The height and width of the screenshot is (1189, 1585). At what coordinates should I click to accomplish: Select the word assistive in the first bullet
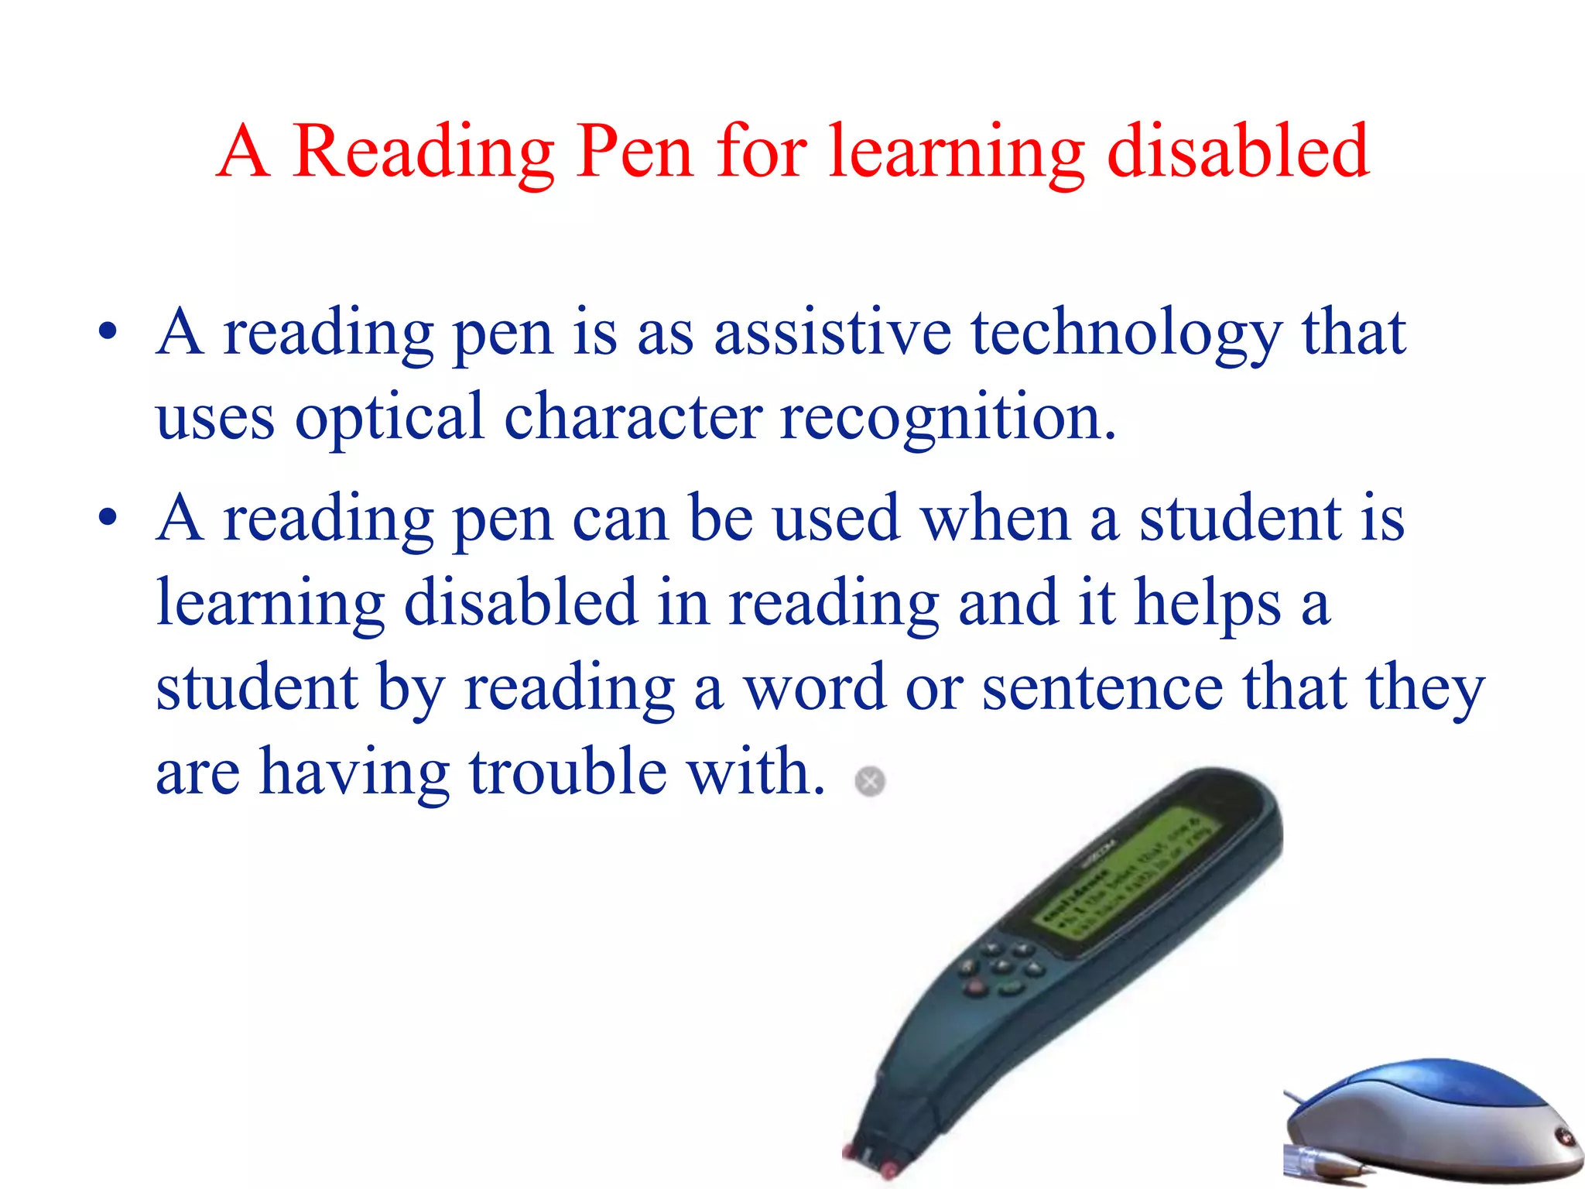click(833, 333)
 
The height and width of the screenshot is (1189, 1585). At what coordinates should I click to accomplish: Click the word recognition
click(947, 419)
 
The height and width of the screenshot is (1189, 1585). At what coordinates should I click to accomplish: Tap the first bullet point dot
click(108, 332)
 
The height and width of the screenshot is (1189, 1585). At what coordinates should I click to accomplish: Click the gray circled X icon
click(870, 781)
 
